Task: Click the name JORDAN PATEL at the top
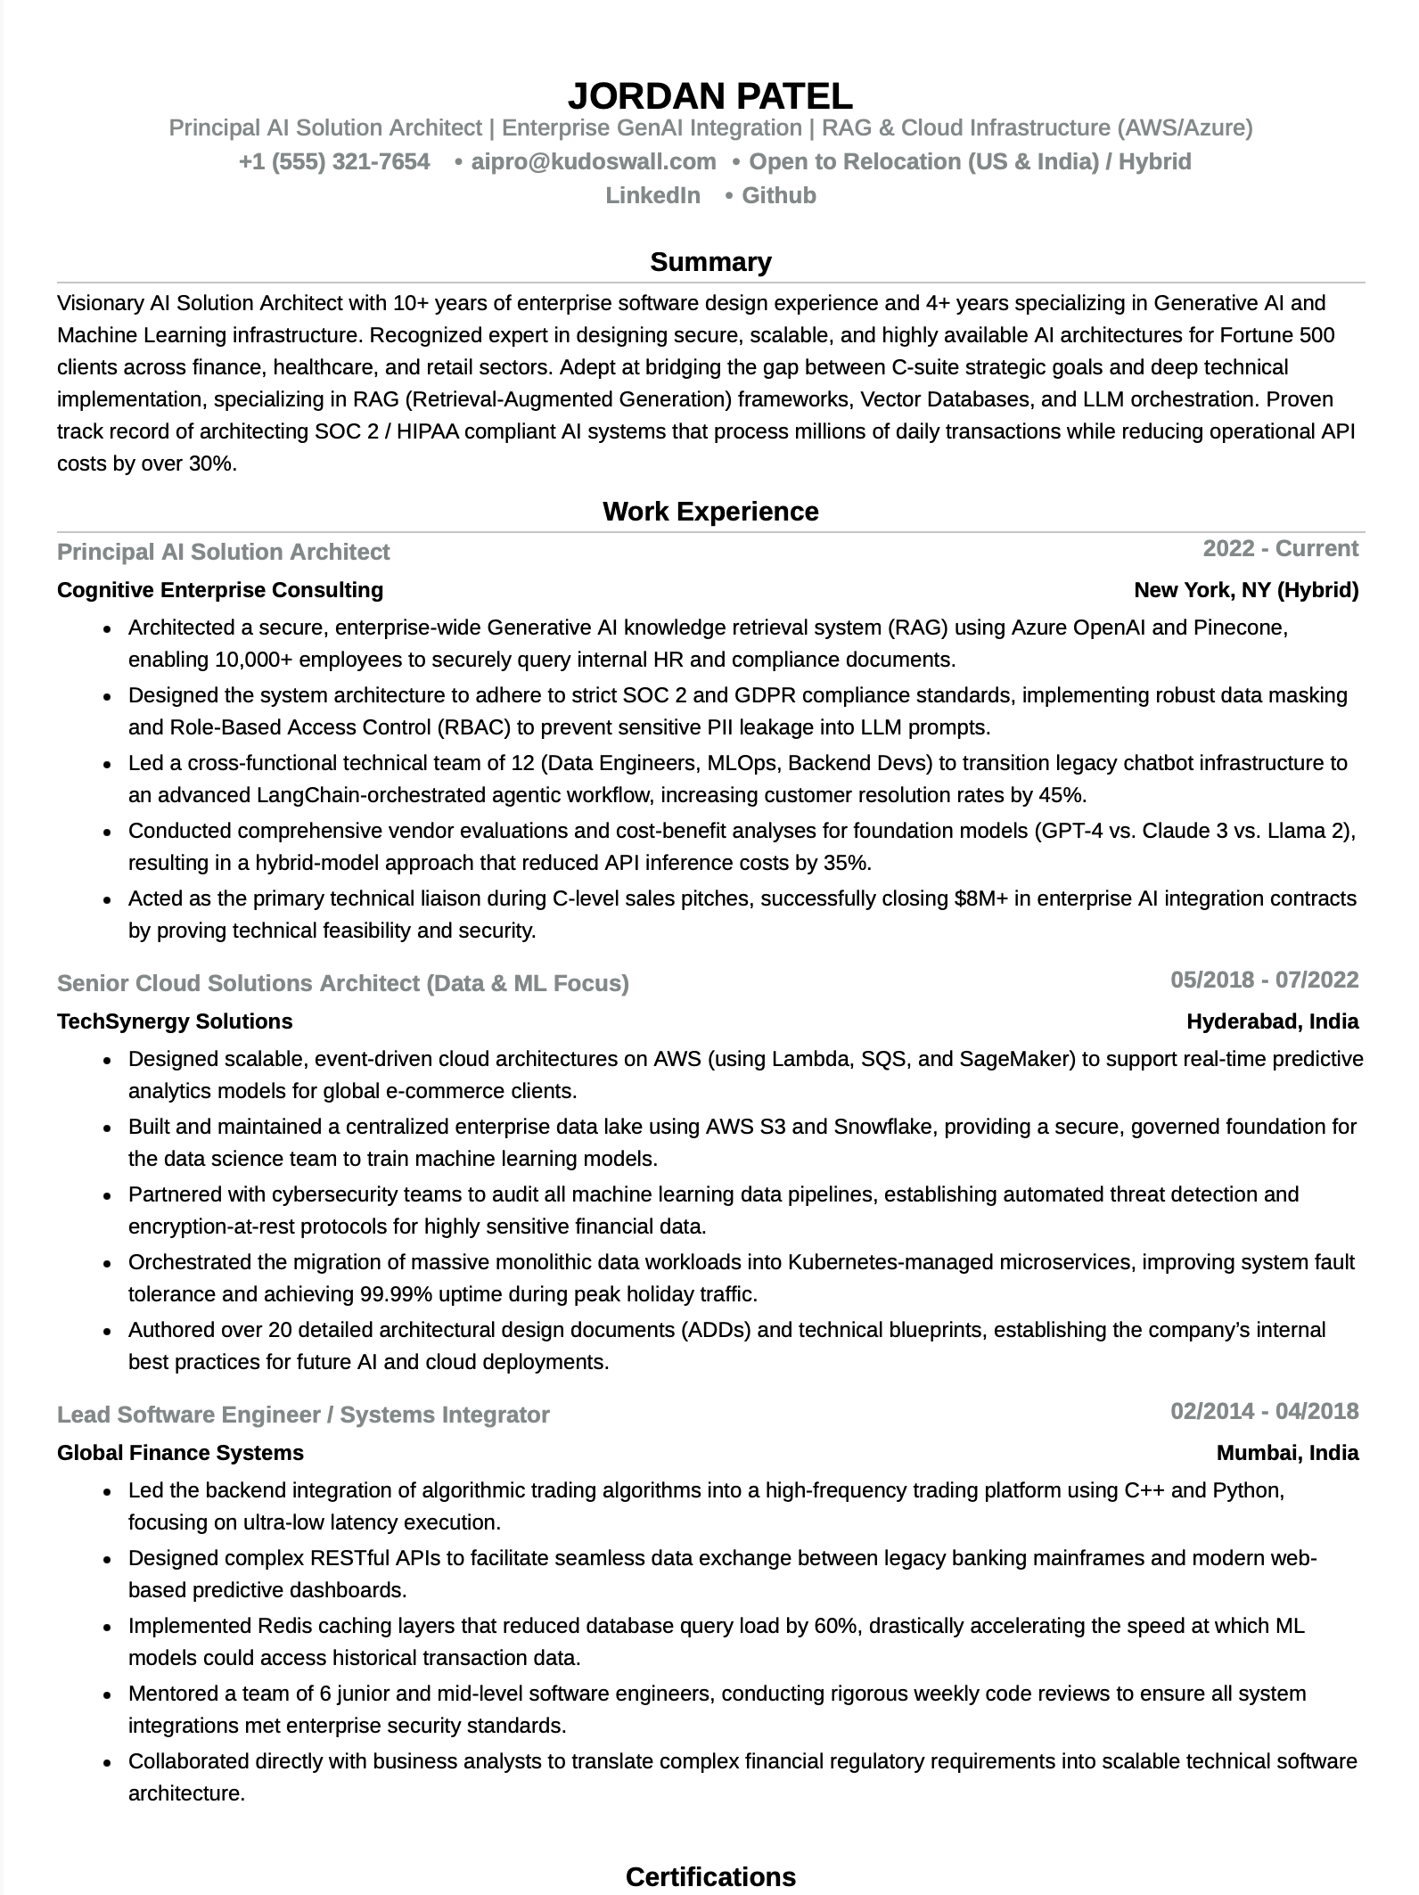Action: [709, 95]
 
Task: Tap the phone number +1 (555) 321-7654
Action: [334, 161]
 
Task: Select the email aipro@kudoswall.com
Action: [593, 161]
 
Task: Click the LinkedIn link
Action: [652, 195]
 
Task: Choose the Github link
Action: [778, 195]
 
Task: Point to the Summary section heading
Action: [709, 261]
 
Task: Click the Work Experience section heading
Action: [709, 511]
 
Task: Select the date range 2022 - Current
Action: [1280, 548]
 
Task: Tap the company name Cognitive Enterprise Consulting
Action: [220, 590]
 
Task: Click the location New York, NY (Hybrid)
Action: [1245, 590]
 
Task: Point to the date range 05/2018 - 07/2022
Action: [1264, 980]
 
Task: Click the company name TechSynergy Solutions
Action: [175, 1021]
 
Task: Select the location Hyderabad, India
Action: [1272, 1021]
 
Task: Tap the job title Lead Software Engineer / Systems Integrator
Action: [303, 1415]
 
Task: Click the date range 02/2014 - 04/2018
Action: [1264, 1411]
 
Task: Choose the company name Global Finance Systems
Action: [180, 1453]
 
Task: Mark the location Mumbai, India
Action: [1287, 1453]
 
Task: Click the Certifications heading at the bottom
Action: [709, 1876]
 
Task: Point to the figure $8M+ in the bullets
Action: [980, 898]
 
